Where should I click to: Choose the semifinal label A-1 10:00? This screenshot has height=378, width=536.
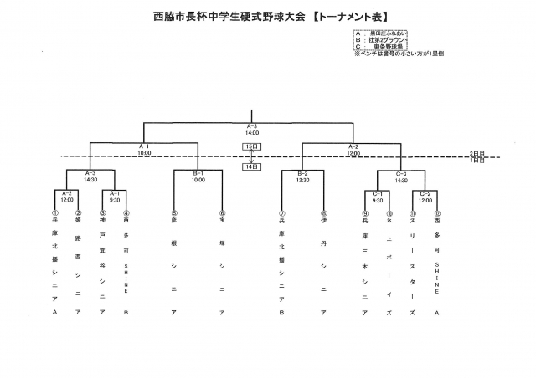pyautogui.click(x=144, y=149)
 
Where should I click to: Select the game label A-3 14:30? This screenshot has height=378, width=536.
pyautogui.click(x=90, y=176)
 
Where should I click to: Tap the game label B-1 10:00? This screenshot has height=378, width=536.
pyautogui.click(x=198, y=176)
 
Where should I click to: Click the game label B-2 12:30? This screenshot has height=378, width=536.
pyautogui.click(x=303, y=176)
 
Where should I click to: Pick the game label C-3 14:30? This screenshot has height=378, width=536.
pyautogui.click(x=401, y=176)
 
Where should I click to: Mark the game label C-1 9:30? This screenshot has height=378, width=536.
pyautogui.click(x=378, y=197)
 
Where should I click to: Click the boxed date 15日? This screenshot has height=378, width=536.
pyautogui.click(x=251, y=146)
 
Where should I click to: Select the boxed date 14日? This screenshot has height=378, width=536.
pyautogui.click(x=251, y=166)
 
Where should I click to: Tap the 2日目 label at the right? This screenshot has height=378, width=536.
pyautogui.click(x=477, y=154)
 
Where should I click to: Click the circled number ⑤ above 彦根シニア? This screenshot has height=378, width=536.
pyautogui.click(x=174, y=213)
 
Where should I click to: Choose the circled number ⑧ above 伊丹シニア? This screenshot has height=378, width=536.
pyautogui.click(x=323, y=213)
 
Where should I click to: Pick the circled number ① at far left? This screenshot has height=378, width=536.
pyautogui.click(x=54, y=213)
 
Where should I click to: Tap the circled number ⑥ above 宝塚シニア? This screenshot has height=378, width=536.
pyautogui.click(x=222, y=213)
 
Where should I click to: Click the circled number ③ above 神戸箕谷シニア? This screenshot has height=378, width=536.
pyautogui.click(x=102, y=213)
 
